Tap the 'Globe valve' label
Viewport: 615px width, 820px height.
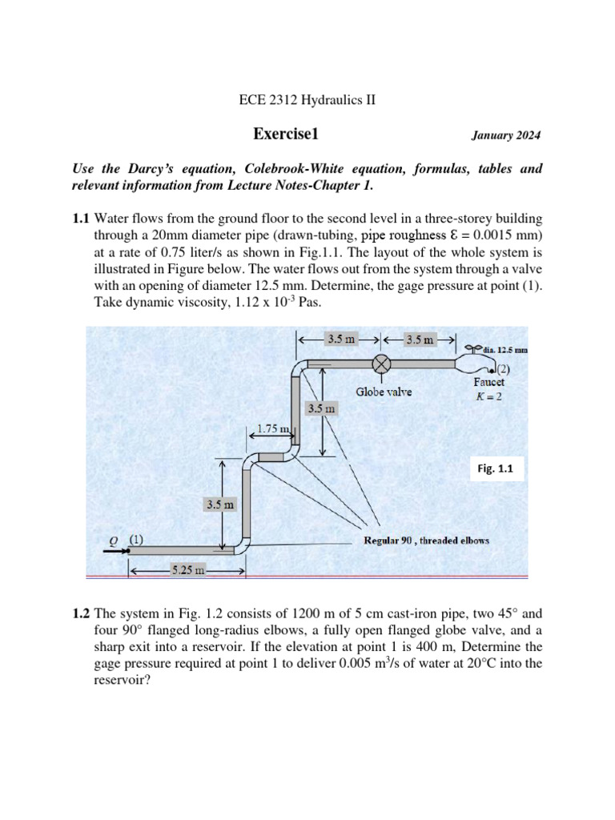pos(384,392)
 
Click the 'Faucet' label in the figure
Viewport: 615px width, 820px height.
pos(488,383)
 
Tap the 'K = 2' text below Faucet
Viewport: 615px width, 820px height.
pos(488,396)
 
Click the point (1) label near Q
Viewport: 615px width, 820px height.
pos(137,539)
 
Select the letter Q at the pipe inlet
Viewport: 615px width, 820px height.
pos(114,541)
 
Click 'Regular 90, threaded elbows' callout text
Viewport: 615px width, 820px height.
pos(426,540)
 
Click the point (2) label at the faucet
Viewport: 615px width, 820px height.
pos(503,370)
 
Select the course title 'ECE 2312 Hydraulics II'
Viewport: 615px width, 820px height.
pos(307,100)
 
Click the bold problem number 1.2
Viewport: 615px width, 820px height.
pos(82,615)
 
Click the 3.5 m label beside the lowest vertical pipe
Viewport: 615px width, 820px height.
pos(219,505)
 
